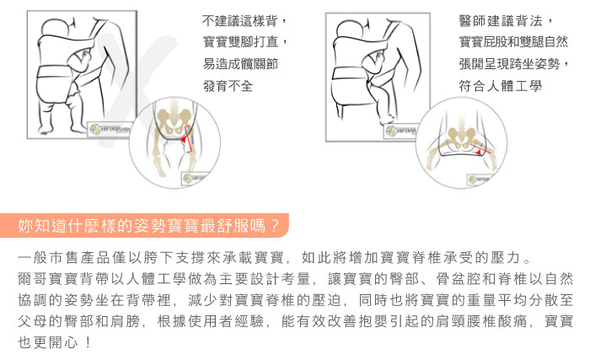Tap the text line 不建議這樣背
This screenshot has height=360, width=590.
click(x=244, y=20)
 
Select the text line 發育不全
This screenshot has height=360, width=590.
click(x=228, y=86)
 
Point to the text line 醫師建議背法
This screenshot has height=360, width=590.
click(x=506, y=21)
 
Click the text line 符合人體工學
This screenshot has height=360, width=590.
click(x=500, y=86)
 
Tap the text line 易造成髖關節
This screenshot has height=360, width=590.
click(x=240, y=63)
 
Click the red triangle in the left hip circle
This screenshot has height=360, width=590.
click(x=183, y=140)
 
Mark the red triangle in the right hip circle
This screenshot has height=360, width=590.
click(x=478, y=152)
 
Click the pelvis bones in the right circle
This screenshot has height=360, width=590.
click(x=461, y=137)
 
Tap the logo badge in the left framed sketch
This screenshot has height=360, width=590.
click(x=110, y=130)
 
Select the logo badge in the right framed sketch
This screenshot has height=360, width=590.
click(x=400, y=131)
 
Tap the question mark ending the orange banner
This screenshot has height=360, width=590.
click(x=275, y=226)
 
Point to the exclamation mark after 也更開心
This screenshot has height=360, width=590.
click(x=88, y=342)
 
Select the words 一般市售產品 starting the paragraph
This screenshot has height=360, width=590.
click(x=64, y=258)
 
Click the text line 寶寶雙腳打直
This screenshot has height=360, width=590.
click(x=244, y=41)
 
